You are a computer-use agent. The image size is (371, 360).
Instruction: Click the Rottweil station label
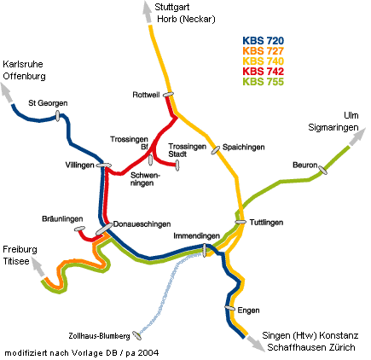147,94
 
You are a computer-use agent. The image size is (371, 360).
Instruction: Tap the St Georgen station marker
58,119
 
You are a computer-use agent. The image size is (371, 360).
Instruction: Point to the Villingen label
80,165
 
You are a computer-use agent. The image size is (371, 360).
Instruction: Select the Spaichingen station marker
216,148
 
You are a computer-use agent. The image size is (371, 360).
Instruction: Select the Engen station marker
229,308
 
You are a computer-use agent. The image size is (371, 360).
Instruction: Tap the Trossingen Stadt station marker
177,165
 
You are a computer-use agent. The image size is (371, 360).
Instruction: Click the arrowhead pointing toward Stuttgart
145,9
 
